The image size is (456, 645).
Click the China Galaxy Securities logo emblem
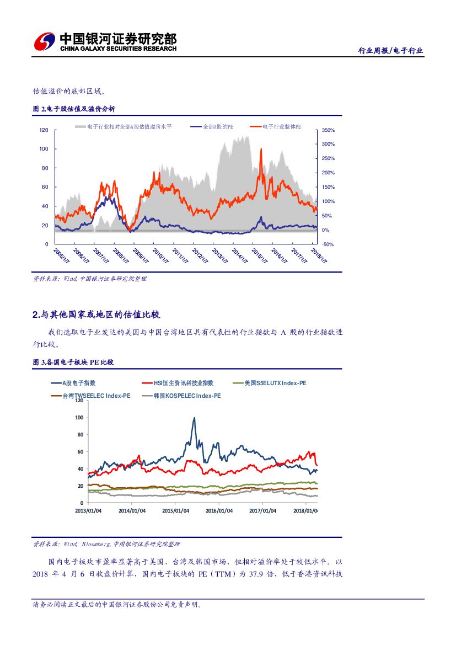click(x=45, y=42)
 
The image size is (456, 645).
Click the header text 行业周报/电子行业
click(x=390, y=51)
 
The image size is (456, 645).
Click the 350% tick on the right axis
click(x=328, y=130)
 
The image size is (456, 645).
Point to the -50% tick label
click(x=328, y=244)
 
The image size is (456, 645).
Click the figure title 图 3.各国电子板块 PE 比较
click(x=73, y=363)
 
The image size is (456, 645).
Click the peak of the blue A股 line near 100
click(x=194, y=418)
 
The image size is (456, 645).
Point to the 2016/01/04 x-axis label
click(x=219, y=511)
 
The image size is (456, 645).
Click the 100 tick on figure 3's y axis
click(x=79, y=418)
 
